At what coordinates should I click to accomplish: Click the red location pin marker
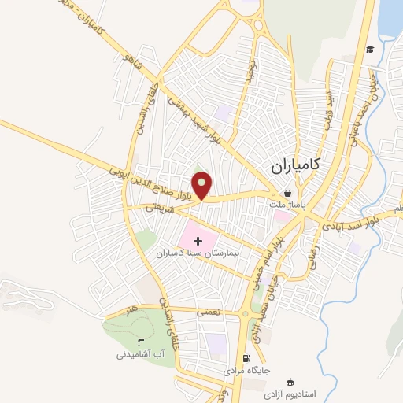pos(202,184)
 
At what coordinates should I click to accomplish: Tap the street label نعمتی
pos(208,312)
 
